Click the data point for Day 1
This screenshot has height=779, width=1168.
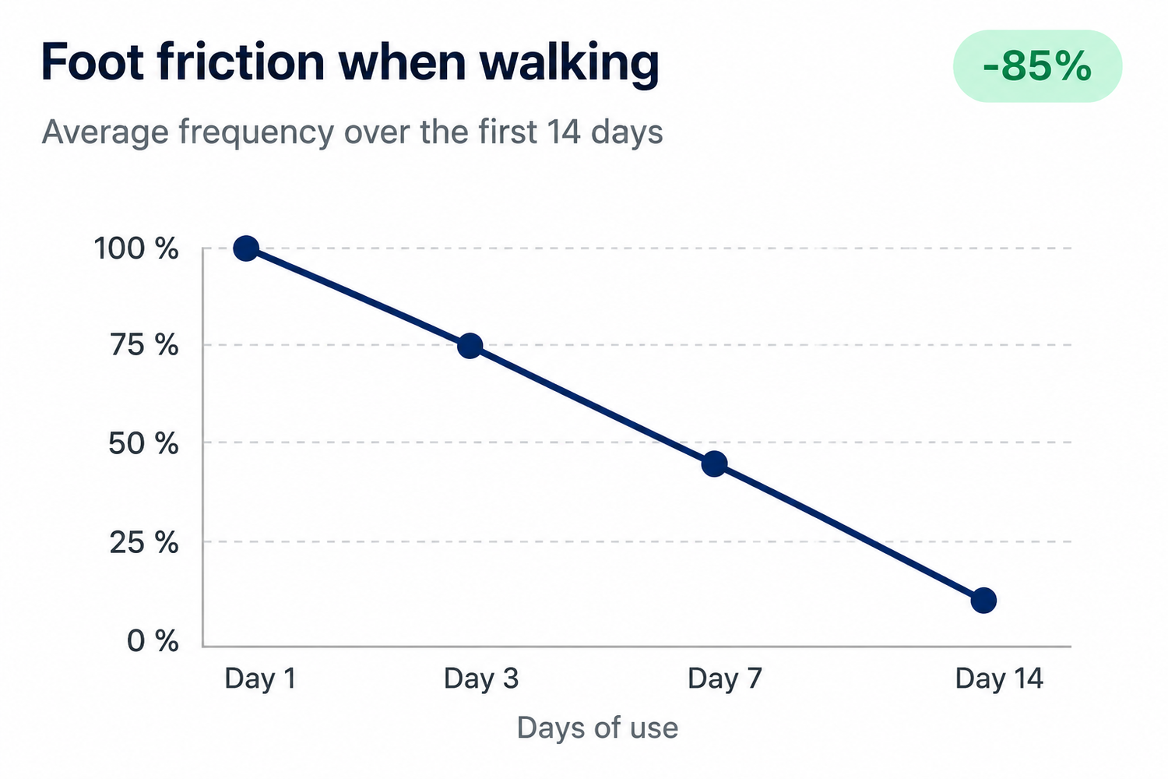pos(246,249)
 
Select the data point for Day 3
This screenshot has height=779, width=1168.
pos(470,346)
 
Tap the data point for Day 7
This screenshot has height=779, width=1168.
pos(714,464)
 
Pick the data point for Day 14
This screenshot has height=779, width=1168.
pos(983,601)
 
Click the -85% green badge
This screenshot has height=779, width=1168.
pos(1038,66)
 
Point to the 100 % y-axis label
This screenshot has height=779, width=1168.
pos(136,249)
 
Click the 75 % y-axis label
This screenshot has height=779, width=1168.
pos(144,345)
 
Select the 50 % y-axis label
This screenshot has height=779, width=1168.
pos(143,444)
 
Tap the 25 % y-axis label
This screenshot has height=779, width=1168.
pos(144,543)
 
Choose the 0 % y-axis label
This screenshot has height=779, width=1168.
pos(153,641)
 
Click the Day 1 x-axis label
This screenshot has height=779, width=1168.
pos(261,679)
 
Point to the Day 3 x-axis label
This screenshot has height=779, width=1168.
pos(481,679)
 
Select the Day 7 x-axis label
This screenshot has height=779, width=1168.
pos(725,679)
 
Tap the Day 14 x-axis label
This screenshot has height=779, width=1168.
pos(999,679)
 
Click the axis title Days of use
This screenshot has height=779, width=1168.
pos(597,728)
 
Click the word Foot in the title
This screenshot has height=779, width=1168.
pos(93,62)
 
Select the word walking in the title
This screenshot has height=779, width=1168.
pos(569,65)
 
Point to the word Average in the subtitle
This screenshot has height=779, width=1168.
pos(105,132)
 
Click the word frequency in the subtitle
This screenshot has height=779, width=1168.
pos(256,133)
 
